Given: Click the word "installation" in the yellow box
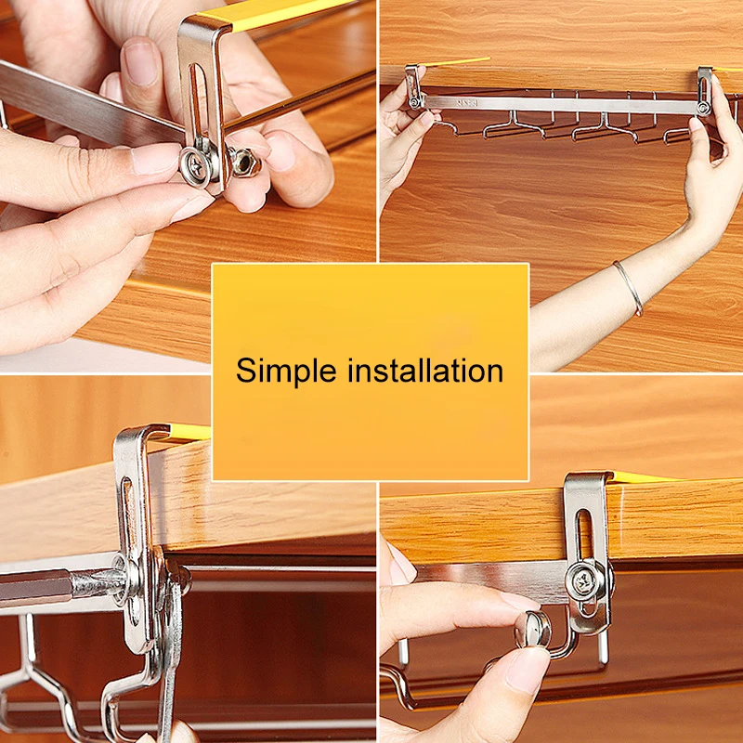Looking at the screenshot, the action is pyautogui.click(x=425, y=370).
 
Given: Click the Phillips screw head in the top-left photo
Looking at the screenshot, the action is pyautogui.click(x=196, y=167).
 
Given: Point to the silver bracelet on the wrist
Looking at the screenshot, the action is pyautogui.click(x=629, y=287).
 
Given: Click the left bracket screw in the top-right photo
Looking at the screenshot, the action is pyautogui.click(x=414, y=102).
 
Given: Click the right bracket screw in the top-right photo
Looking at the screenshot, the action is pyautogui.click(x=704, y=108).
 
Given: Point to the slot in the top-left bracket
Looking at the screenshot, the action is pyautogui.click(x=195, y=102).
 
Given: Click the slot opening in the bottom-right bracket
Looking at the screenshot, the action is pyautogui.click(x=585, y=536).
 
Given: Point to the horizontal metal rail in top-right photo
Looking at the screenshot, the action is pyautogui.click(x=559, y=105).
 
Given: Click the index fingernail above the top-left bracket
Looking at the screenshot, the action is pyautogui.click(x=141, y=64).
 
